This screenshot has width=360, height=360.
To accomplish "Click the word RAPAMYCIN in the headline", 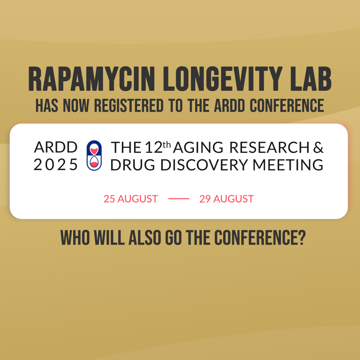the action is pyautogui.click(x=92, y=79).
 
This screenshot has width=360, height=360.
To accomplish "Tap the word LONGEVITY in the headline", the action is pyautogui.click(x=223, y=79).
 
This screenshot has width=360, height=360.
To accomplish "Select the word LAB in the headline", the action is pyautogui.click(x=311, y=79).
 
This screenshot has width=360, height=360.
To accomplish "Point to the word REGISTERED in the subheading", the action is pyautogui.click(x=129, y=106).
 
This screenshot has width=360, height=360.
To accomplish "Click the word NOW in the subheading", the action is pyautogui.click(x=76, y=106).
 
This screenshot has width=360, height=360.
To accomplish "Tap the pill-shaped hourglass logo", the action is pyautogui.click(x=94, y=155).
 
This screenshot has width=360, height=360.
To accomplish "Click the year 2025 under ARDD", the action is pyautogui.click(x=56, y=165).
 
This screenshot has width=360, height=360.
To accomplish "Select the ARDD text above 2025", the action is pyautogui.click(x=56, y=147).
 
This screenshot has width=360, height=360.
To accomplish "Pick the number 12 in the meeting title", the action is pyautogui.click(x=154, y=147).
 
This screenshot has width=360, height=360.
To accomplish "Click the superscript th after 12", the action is pyautogui.click(x=167, y=145).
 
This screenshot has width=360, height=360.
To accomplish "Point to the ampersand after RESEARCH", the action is pyautogui.click(x=318, y=147).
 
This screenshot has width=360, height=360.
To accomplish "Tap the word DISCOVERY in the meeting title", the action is pyautogui.click(x=204, y=165).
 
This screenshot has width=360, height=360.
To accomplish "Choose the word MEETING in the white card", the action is pyautogui.click(x=288, y=165).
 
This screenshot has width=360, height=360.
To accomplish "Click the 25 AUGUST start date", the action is pyautogui.click(x=131, y=199).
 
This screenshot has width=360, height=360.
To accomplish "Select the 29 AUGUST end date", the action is pyautogui.click(x=226, y=199).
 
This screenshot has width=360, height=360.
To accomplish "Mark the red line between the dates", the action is pyautogui.click(x=178, y=199).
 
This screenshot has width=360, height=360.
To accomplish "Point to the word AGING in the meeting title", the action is pyautogui.click(x=198, y=147).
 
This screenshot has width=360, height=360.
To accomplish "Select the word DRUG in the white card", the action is pyautogui.click(x=133, y=165).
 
